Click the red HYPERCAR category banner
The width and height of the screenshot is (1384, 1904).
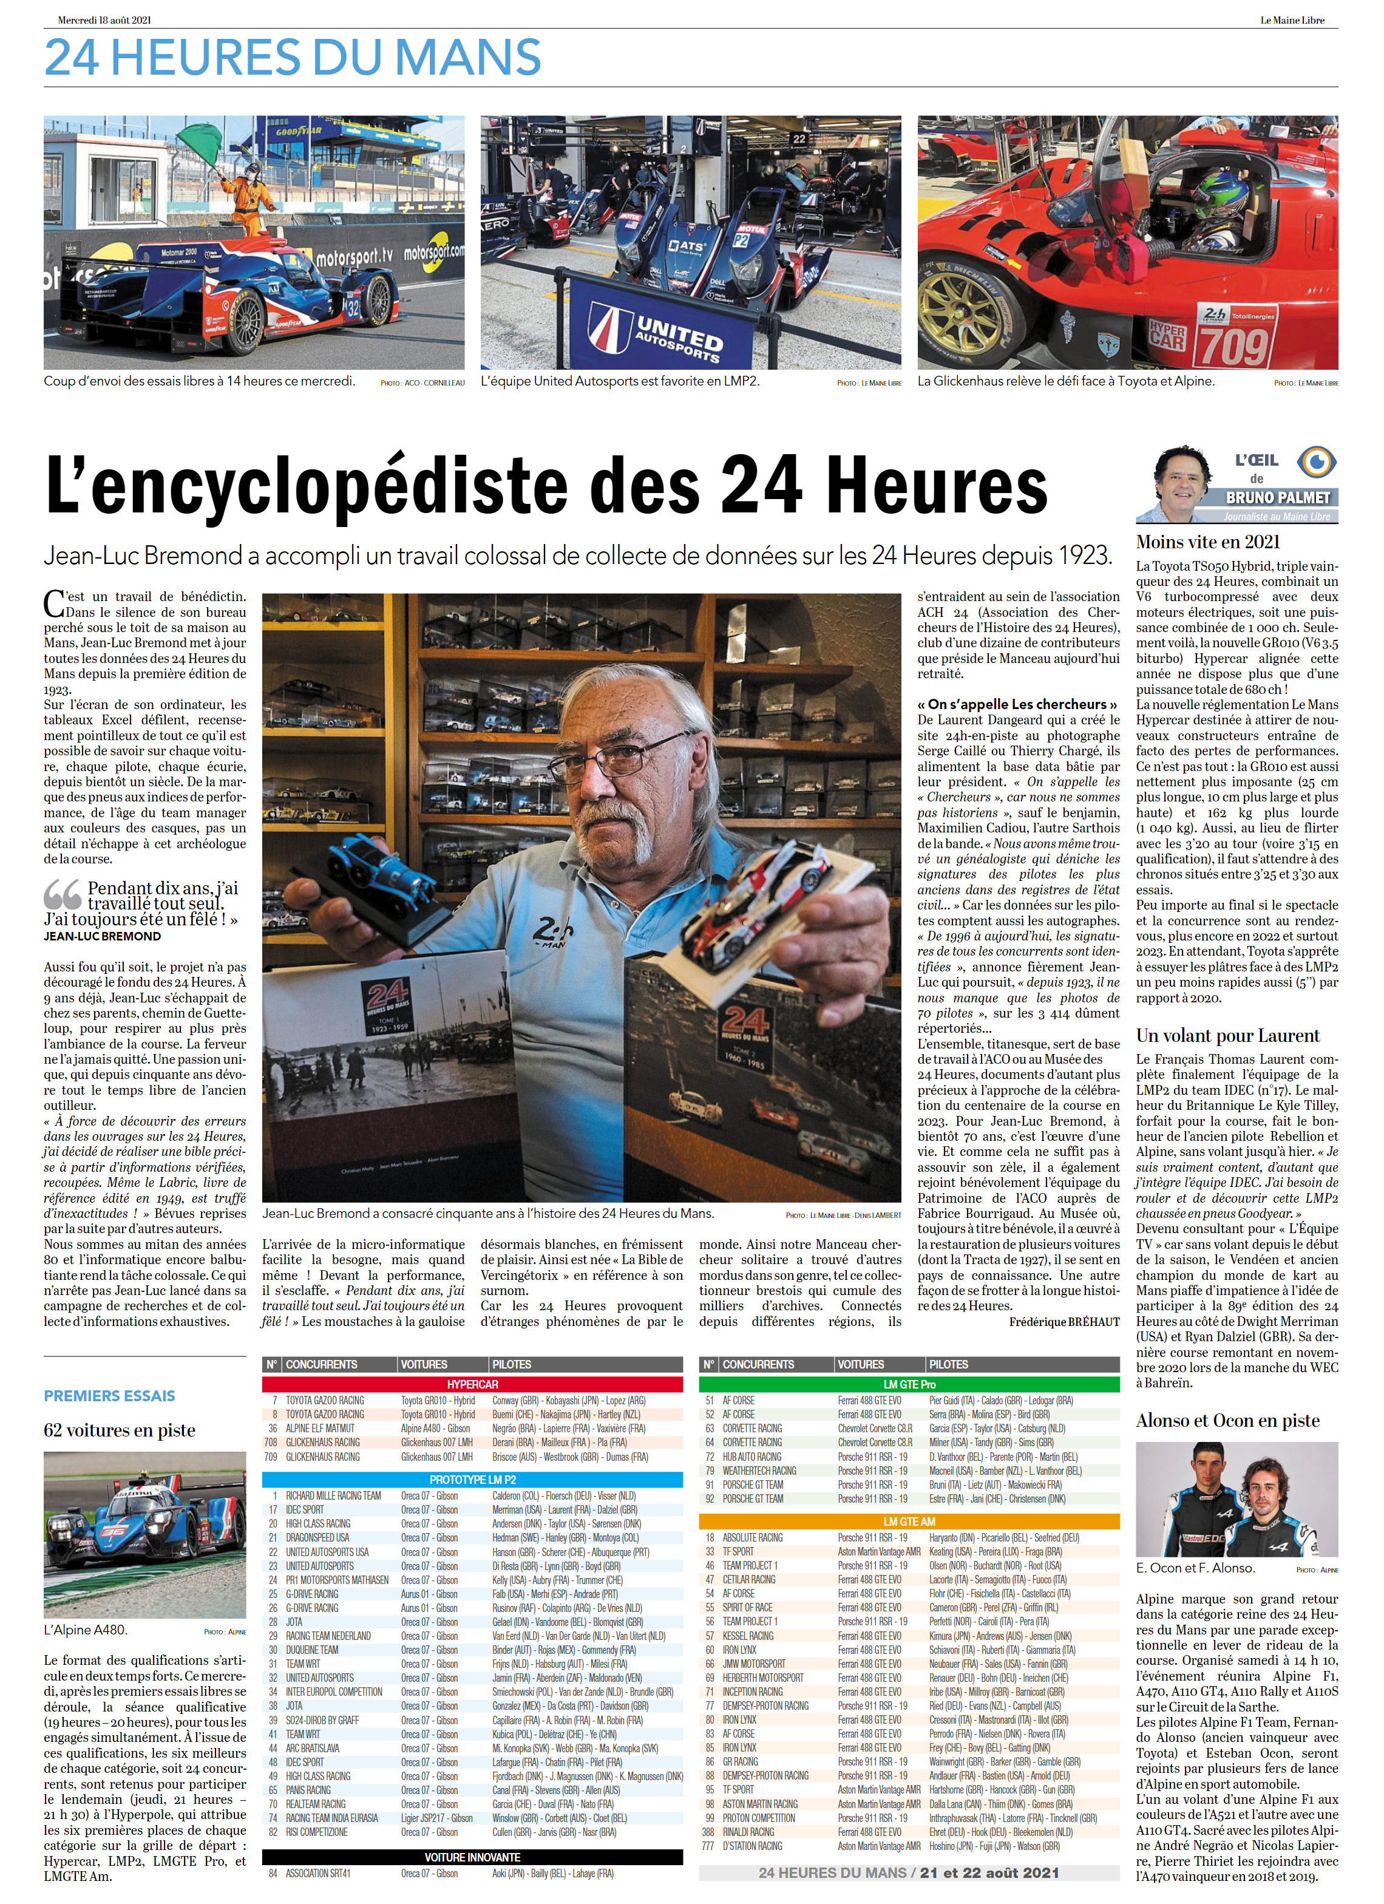472,1384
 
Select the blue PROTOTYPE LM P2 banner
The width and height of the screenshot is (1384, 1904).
472,1479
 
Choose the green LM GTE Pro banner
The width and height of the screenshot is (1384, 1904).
909,1384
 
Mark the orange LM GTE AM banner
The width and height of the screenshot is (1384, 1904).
909,1521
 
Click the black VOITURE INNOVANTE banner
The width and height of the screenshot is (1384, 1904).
472,1857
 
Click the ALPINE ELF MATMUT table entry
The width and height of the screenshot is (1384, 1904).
320,1428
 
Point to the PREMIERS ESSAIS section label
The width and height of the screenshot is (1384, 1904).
109,1396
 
